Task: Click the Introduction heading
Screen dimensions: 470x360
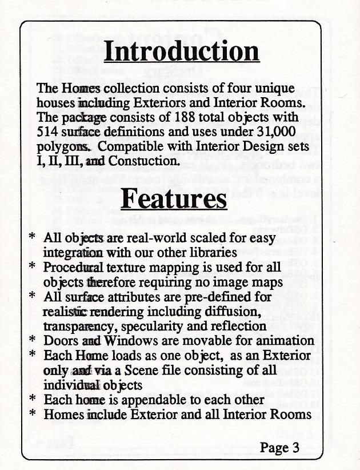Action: point(181,52)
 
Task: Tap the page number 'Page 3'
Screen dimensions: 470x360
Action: point(279,448)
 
